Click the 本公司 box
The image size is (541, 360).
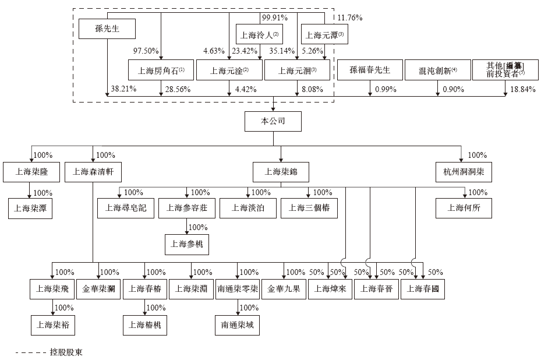pyautogui.click(x=273, y=122)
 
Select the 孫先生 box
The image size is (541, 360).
pyautogui.click(x=107, y=29)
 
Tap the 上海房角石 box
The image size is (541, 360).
pyautogui.click(x=161, y=70)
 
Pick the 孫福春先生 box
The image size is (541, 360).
pyautogui.click(x=369, y=70)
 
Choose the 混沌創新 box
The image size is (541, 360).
pyautogui.click(x=438, y=70)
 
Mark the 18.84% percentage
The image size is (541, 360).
pyautogui.click(x=522, y=89)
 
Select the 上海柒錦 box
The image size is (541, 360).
pyautogui.click(x=281, y=172)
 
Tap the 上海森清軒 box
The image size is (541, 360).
pyautogui.click(x=93, y=172)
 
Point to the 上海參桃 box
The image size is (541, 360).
pyautogui.click(x=186, y=244)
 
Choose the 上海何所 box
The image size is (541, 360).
pyautogui.click(x=464, y=208)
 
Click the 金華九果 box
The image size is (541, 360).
pyautogui.click(x=284, y=289)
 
